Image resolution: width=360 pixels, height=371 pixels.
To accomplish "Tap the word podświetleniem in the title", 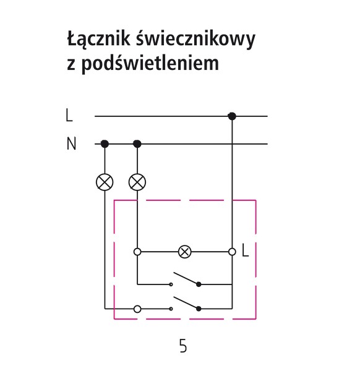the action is pos(150,63).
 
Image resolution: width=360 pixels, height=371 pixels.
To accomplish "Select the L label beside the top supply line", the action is pos(69,116).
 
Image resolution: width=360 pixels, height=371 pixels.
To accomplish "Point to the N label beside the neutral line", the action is pos(71,143).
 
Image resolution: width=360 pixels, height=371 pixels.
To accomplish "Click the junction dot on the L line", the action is pos(232,116).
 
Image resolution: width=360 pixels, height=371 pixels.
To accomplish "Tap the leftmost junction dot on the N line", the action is pos(105,143).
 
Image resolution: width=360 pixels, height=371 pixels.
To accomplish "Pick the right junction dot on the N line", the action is pos(137,143).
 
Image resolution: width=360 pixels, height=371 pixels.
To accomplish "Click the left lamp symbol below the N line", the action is pos(105,182).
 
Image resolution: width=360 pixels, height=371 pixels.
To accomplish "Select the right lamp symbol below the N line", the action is pos(137,182).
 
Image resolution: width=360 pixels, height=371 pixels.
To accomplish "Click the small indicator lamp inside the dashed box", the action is pos(184,252).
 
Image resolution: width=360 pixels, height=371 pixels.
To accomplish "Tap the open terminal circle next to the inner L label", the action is pos(232,252).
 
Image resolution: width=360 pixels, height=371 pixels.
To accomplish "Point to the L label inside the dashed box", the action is pos(246,250).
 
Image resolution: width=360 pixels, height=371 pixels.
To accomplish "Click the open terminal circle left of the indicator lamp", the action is pos(137,252).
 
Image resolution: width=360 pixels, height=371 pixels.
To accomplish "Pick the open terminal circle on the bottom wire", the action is pos(137,309).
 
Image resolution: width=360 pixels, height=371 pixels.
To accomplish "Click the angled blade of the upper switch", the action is pos(186,278).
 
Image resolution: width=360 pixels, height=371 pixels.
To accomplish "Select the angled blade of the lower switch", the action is pos(186,303).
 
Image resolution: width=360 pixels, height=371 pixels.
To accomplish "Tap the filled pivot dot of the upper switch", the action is pos(199,284).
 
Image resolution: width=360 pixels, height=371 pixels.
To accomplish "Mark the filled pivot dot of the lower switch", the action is pos(199,309).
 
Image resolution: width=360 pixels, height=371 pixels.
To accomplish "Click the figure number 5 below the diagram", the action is pos(183,346).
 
